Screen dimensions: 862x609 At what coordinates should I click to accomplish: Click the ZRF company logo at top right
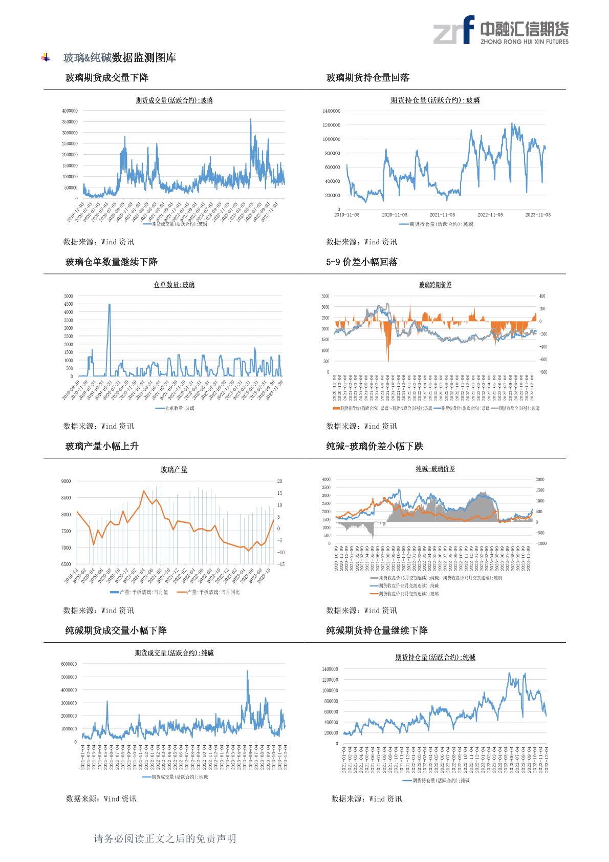(x=501, y=30)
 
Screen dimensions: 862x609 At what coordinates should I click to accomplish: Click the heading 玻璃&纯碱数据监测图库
(x=119, y=57)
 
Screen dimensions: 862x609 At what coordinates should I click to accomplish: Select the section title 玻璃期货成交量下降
(x=107, y=78)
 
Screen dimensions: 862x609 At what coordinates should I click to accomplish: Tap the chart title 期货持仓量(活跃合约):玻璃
(x=435, y=100)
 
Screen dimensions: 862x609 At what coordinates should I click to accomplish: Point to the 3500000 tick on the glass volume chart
(x=70, y=122)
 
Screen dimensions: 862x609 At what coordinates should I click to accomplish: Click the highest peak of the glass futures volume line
(x=250, y=119)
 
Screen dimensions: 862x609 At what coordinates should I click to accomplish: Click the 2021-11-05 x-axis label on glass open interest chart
(x=442, y=215)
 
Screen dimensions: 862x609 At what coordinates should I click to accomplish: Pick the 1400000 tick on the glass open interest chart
(x=331, y=111)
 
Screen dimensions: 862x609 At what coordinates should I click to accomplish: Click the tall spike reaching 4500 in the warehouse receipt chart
(x=109, y=305)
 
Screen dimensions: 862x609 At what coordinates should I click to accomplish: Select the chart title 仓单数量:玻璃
(x=174, y=285)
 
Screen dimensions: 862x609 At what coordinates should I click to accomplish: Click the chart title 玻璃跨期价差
(x=435, y=285)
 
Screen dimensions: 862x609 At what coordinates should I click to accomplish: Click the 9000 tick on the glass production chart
(x=66, y=481)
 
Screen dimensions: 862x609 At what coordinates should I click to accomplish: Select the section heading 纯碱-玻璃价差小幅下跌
(x=375, y=446)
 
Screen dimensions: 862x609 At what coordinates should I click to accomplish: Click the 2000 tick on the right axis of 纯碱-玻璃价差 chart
(x=540, y=479)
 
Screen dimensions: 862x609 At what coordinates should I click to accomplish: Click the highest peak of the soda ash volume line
(x=247, y=671)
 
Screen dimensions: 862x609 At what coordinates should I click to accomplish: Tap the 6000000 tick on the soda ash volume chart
(x=69, y=664)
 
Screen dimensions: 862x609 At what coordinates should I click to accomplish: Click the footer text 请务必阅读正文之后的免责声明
(x=165, y=838)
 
